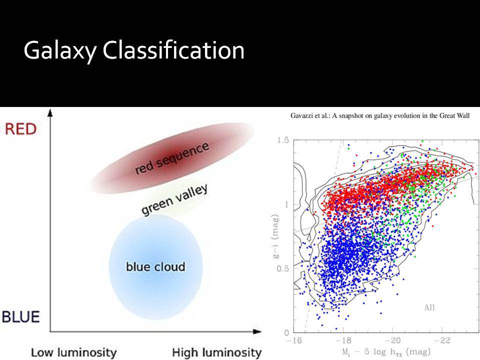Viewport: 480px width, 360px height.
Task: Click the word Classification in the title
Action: [x=173, y=49]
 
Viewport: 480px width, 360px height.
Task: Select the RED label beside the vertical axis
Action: [x=21, y=129]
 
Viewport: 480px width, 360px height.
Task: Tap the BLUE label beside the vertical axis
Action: [x=21, y=316]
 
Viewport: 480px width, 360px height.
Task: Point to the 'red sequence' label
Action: [x=172, y=158]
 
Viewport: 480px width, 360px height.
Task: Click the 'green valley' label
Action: [x=174, y=199]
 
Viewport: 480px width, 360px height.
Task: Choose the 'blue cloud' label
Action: [x=155, y=266]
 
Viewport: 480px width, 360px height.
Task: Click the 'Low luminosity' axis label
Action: [x=74, y=352]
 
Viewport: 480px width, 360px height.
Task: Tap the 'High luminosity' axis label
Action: [x=216, y=352]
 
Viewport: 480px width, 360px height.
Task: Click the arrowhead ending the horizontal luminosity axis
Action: [x=257, y=331]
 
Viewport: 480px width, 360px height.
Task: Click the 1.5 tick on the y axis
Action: [x=283, y=140]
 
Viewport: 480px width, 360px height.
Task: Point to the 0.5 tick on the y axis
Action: [x=283, y=268]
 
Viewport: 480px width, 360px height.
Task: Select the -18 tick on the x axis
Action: [x=343, y=340]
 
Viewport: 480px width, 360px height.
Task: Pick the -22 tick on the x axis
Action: [x=441, y=340]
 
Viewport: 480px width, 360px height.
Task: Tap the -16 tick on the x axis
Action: [x=294, y=340]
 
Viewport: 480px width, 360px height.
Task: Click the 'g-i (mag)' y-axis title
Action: [x=276, y=236]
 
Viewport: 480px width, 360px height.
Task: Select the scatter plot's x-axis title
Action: [x=386, y=352]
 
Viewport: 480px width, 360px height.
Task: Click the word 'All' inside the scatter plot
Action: [x=429, y=307]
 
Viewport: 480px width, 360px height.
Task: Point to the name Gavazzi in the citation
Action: [x=301, y=115]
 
